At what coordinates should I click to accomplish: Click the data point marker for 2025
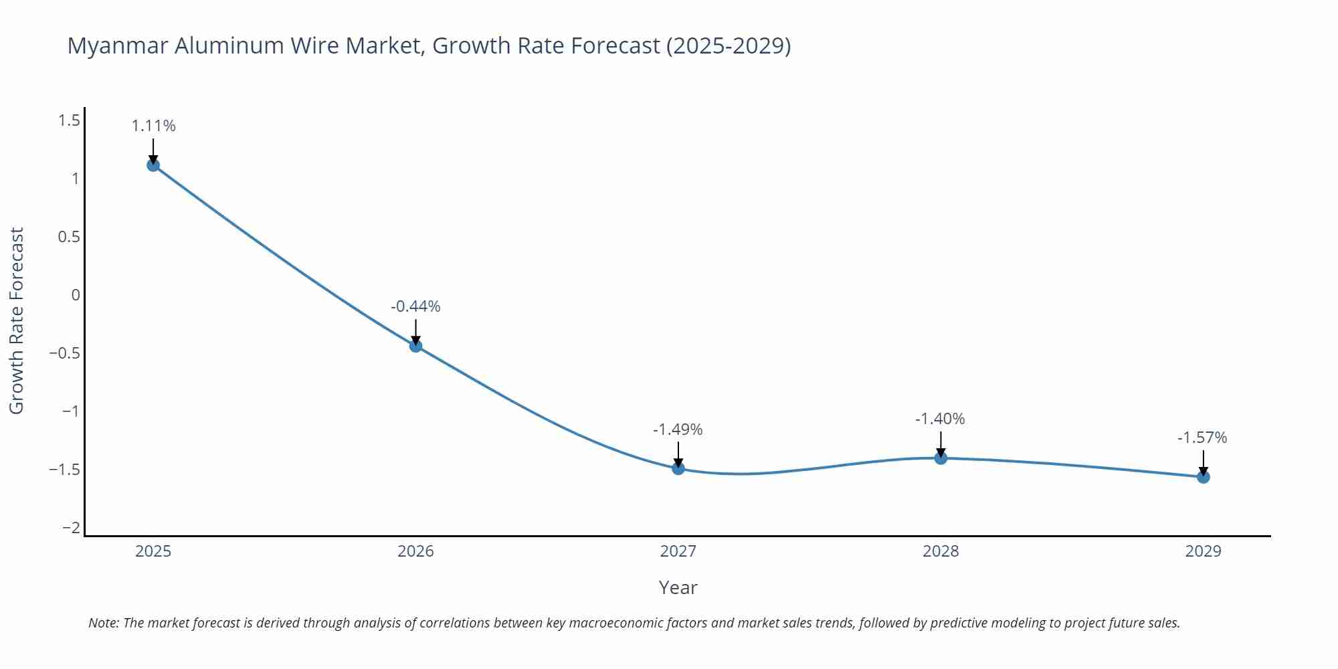click(x=153, y=165)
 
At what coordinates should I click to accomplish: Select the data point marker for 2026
click(x=415, y=346)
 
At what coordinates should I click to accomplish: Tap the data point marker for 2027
click(x=678, y=468)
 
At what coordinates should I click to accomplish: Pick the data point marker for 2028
click(x=941, y=458)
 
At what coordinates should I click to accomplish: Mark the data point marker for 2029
click(x=1203, y=477)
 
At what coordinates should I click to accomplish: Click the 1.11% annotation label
click(x=153, y=126)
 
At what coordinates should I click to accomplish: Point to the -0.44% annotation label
click(x=415, y=306)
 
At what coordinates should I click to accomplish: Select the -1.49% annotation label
click(x=678, y=429)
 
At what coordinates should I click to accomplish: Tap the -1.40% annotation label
click(x=940, y=419)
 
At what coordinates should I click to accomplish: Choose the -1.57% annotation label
click(x=1202, y=438)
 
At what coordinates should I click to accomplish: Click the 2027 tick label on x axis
click(x=678, y=551)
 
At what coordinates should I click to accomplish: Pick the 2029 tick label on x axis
click(x=1203, y=551)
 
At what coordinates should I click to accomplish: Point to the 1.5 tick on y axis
click(x=69, y=120)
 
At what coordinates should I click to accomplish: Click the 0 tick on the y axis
click(x=76, y=295)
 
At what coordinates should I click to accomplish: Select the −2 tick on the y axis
click(x=71, y=528)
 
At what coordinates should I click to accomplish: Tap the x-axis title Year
click(x=678, y=587)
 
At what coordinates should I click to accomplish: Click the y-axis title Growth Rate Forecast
click(x=17, y=320)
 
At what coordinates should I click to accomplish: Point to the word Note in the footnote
click(x=103, y=623)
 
